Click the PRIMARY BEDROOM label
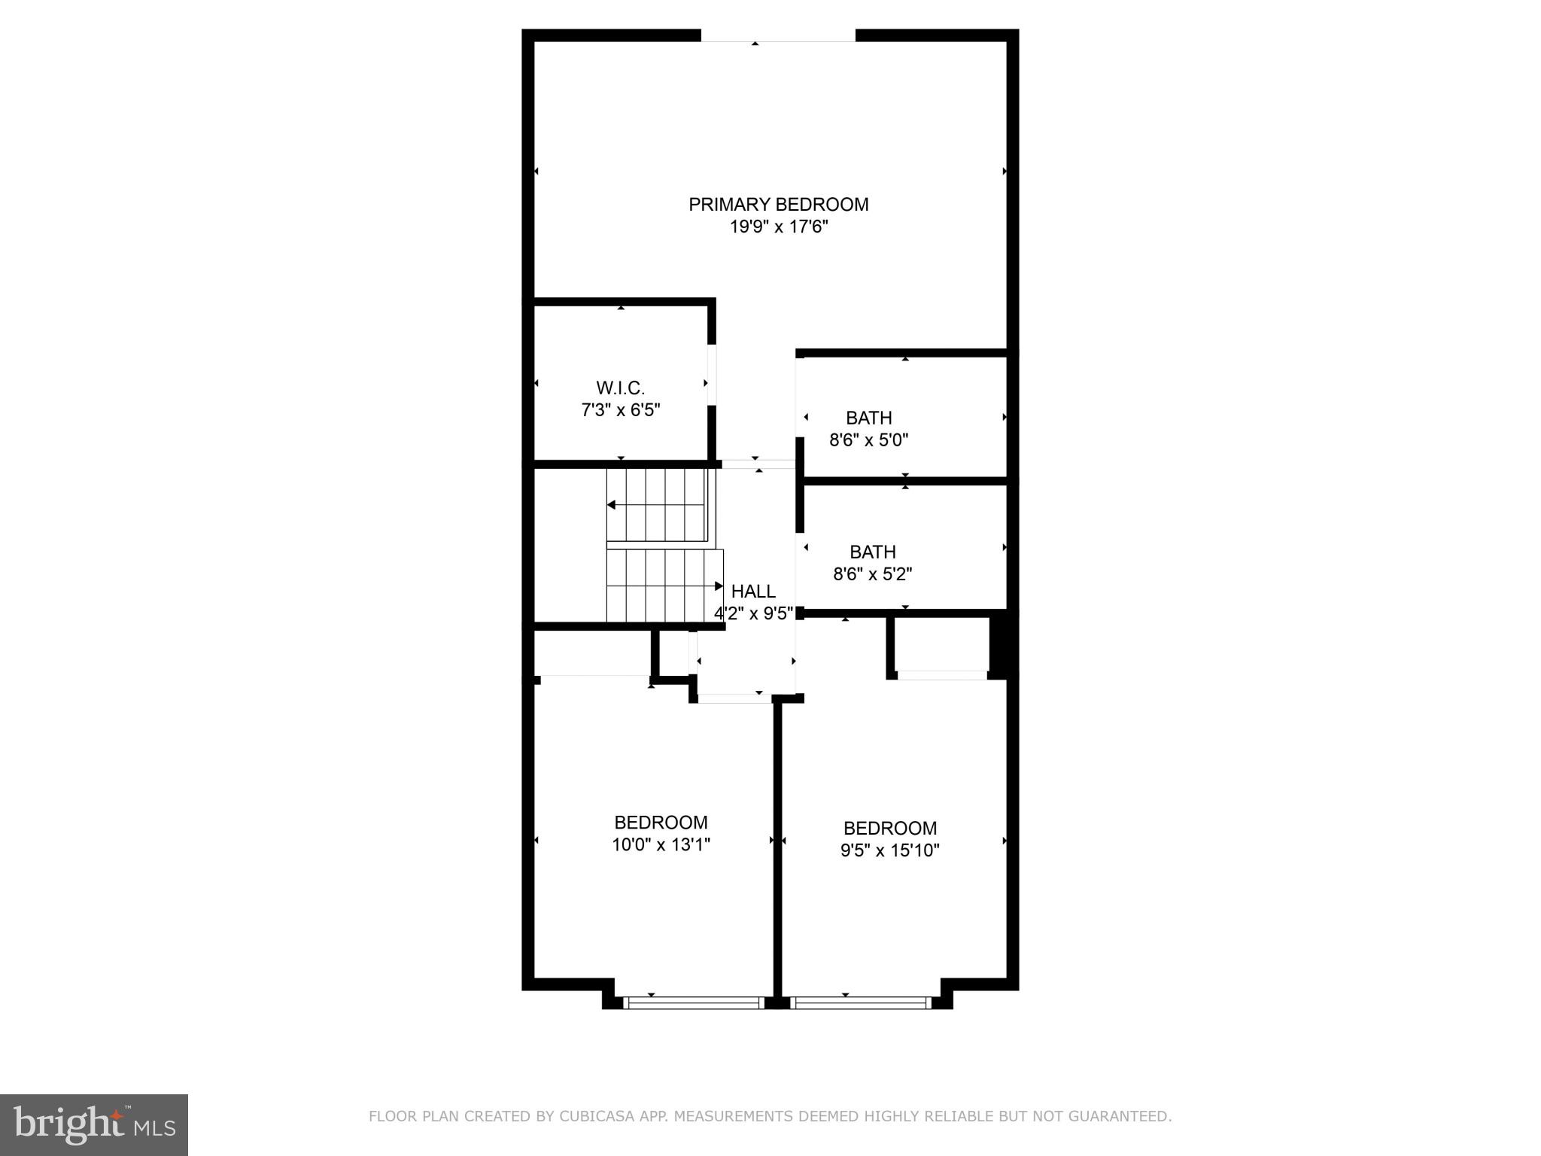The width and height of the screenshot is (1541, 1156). click(x=779, y=205)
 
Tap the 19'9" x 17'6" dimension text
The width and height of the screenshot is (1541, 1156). click(x=779, y=227)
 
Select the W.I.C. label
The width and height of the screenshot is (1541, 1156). click(x=621, y=388)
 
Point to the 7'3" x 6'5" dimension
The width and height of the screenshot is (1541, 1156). click(x=621, y=410)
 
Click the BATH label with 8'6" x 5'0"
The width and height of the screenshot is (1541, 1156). click(x=869, y=418)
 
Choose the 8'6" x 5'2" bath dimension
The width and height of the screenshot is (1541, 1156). click(x=873, y=574)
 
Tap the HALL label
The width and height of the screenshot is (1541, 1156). click(x=753, y=592)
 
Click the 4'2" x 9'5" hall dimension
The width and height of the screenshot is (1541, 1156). click(x=753, y=613)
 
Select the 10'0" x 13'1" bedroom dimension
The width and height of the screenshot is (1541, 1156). click(x=661, y=845)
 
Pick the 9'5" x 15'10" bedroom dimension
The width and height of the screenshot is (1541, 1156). click(x=890, y=850)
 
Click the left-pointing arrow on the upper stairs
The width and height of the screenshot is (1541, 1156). click(x=612, y=505)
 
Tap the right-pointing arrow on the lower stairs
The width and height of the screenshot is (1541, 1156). click(x=719, y=586)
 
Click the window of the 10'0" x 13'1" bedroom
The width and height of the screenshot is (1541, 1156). click(x=694, y=1002)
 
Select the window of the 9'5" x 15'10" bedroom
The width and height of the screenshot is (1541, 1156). click(x=861, y=1002)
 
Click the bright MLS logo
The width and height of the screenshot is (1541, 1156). click(x=93, y=1124)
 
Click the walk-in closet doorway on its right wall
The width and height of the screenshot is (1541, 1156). click(x=712, y=375)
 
